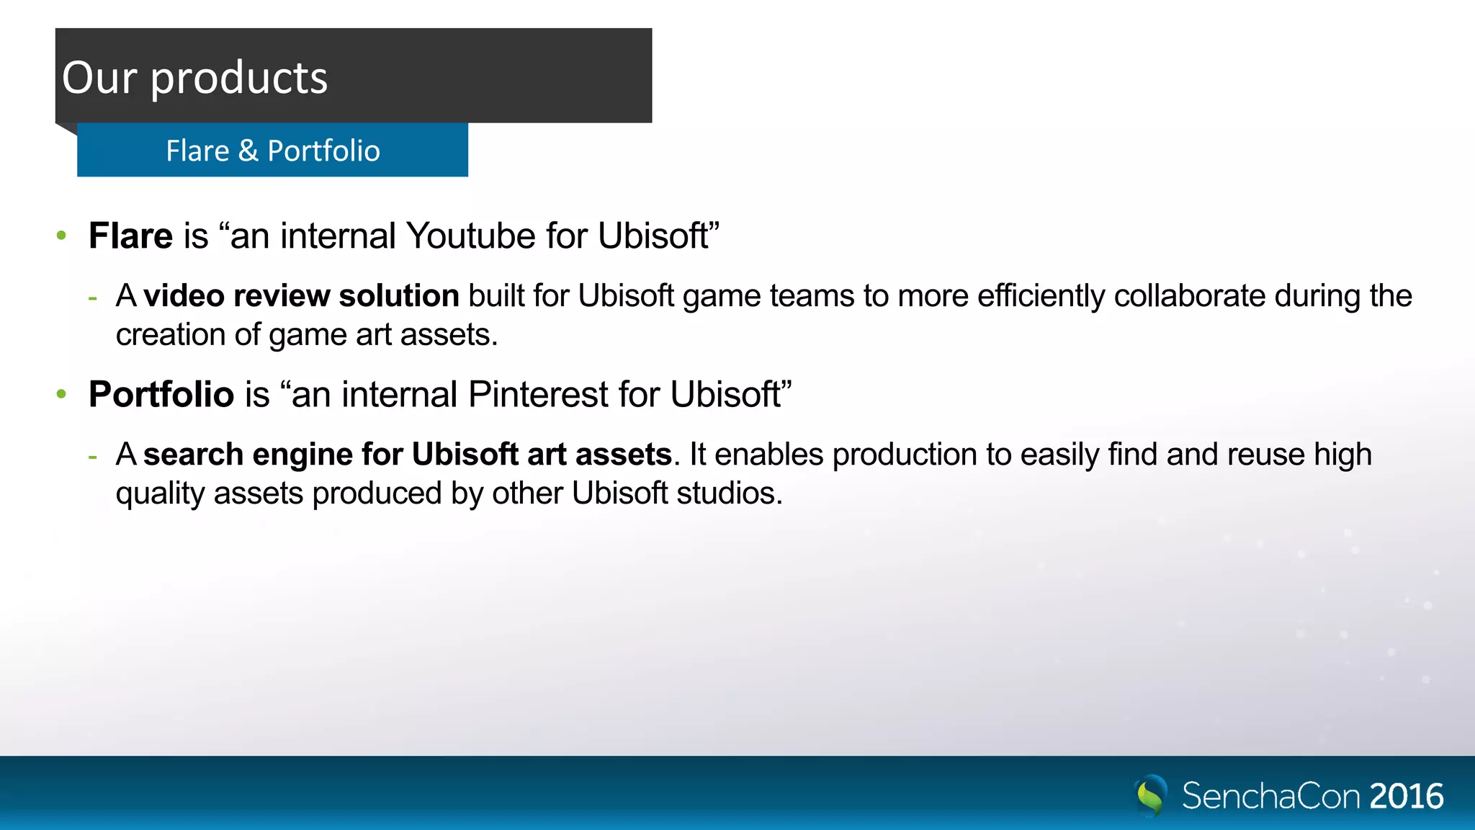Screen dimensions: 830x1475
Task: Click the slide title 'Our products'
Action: [194, 78]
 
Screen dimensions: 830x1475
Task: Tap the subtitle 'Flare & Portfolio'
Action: [273, 151]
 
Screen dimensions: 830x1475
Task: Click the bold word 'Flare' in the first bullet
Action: [130, 236]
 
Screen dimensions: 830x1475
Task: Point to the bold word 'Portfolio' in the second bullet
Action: [161, 394]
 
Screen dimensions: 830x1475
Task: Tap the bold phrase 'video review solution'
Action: [301, 296]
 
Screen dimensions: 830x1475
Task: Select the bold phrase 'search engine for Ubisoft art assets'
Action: [408, 455]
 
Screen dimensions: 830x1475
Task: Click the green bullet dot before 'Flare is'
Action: [62, 236]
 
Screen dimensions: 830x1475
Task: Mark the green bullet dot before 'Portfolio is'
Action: [62, 394]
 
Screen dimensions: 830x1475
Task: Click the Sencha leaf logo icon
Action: [1151, 795]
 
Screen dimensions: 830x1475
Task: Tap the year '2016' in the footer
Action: [1407, 796]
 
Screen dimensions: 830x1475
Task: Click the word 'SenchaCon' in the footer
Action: [1270, 796]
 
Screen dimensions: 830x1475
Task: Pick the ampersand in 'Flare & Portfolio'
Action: [248, 151]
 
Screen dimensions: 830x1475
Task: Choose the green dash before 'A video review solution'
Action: [92, 297]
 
